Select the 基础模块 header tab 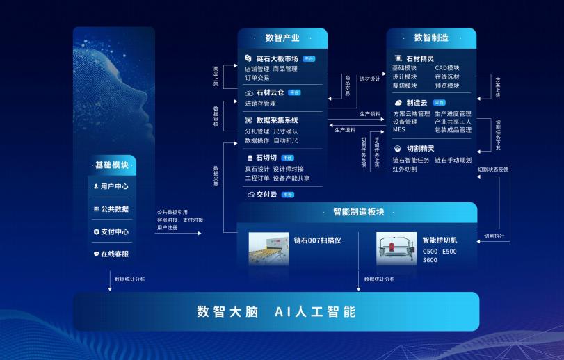[x=112, y=165]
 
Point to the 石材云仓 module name [x=270, y=92]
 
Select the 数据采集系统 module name [x=277, y=120]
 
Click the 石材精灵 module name [x=421, y=58]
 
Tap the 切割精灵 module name [x=420, y=148]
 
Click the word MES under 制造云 [x=398, y=130]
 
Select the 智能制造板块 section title [x=358, y=212]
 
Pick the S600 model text [x=430, y=260]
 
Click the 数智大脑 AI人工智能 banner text [x=276, y=311]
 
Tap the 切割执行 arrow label [x=494, y=236]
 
